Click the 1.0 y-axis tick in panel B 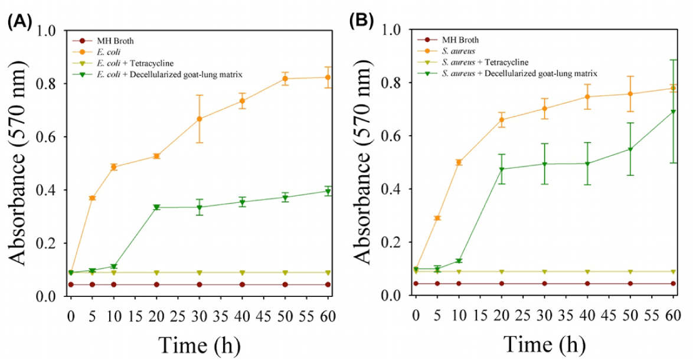[x=394, y=30]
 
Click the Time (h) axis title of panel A [x=200, y=343]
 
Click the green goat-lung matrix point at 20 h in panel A [x=156, y=207]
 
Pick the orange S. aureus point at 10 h [x=459, y=162]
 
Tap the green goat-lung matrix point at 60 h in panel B [x=673, y=112]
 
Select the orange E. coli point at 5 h [x=92, y=198]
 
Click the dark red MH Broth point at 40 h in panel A [x=243, y=284]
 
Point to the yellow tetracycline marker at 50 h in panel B [x=630, y=271]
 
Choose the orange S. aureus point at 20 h [x=502, y=120]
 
